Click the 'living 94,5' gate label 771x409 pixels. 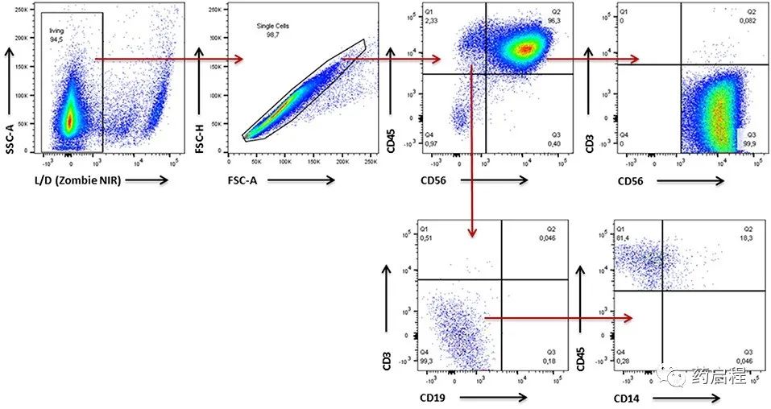56,33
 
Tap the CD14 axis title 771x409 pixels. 629,396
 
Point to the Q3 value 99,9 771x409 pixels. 752,141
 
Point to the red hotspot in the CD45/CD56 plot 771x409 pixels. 525,48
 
